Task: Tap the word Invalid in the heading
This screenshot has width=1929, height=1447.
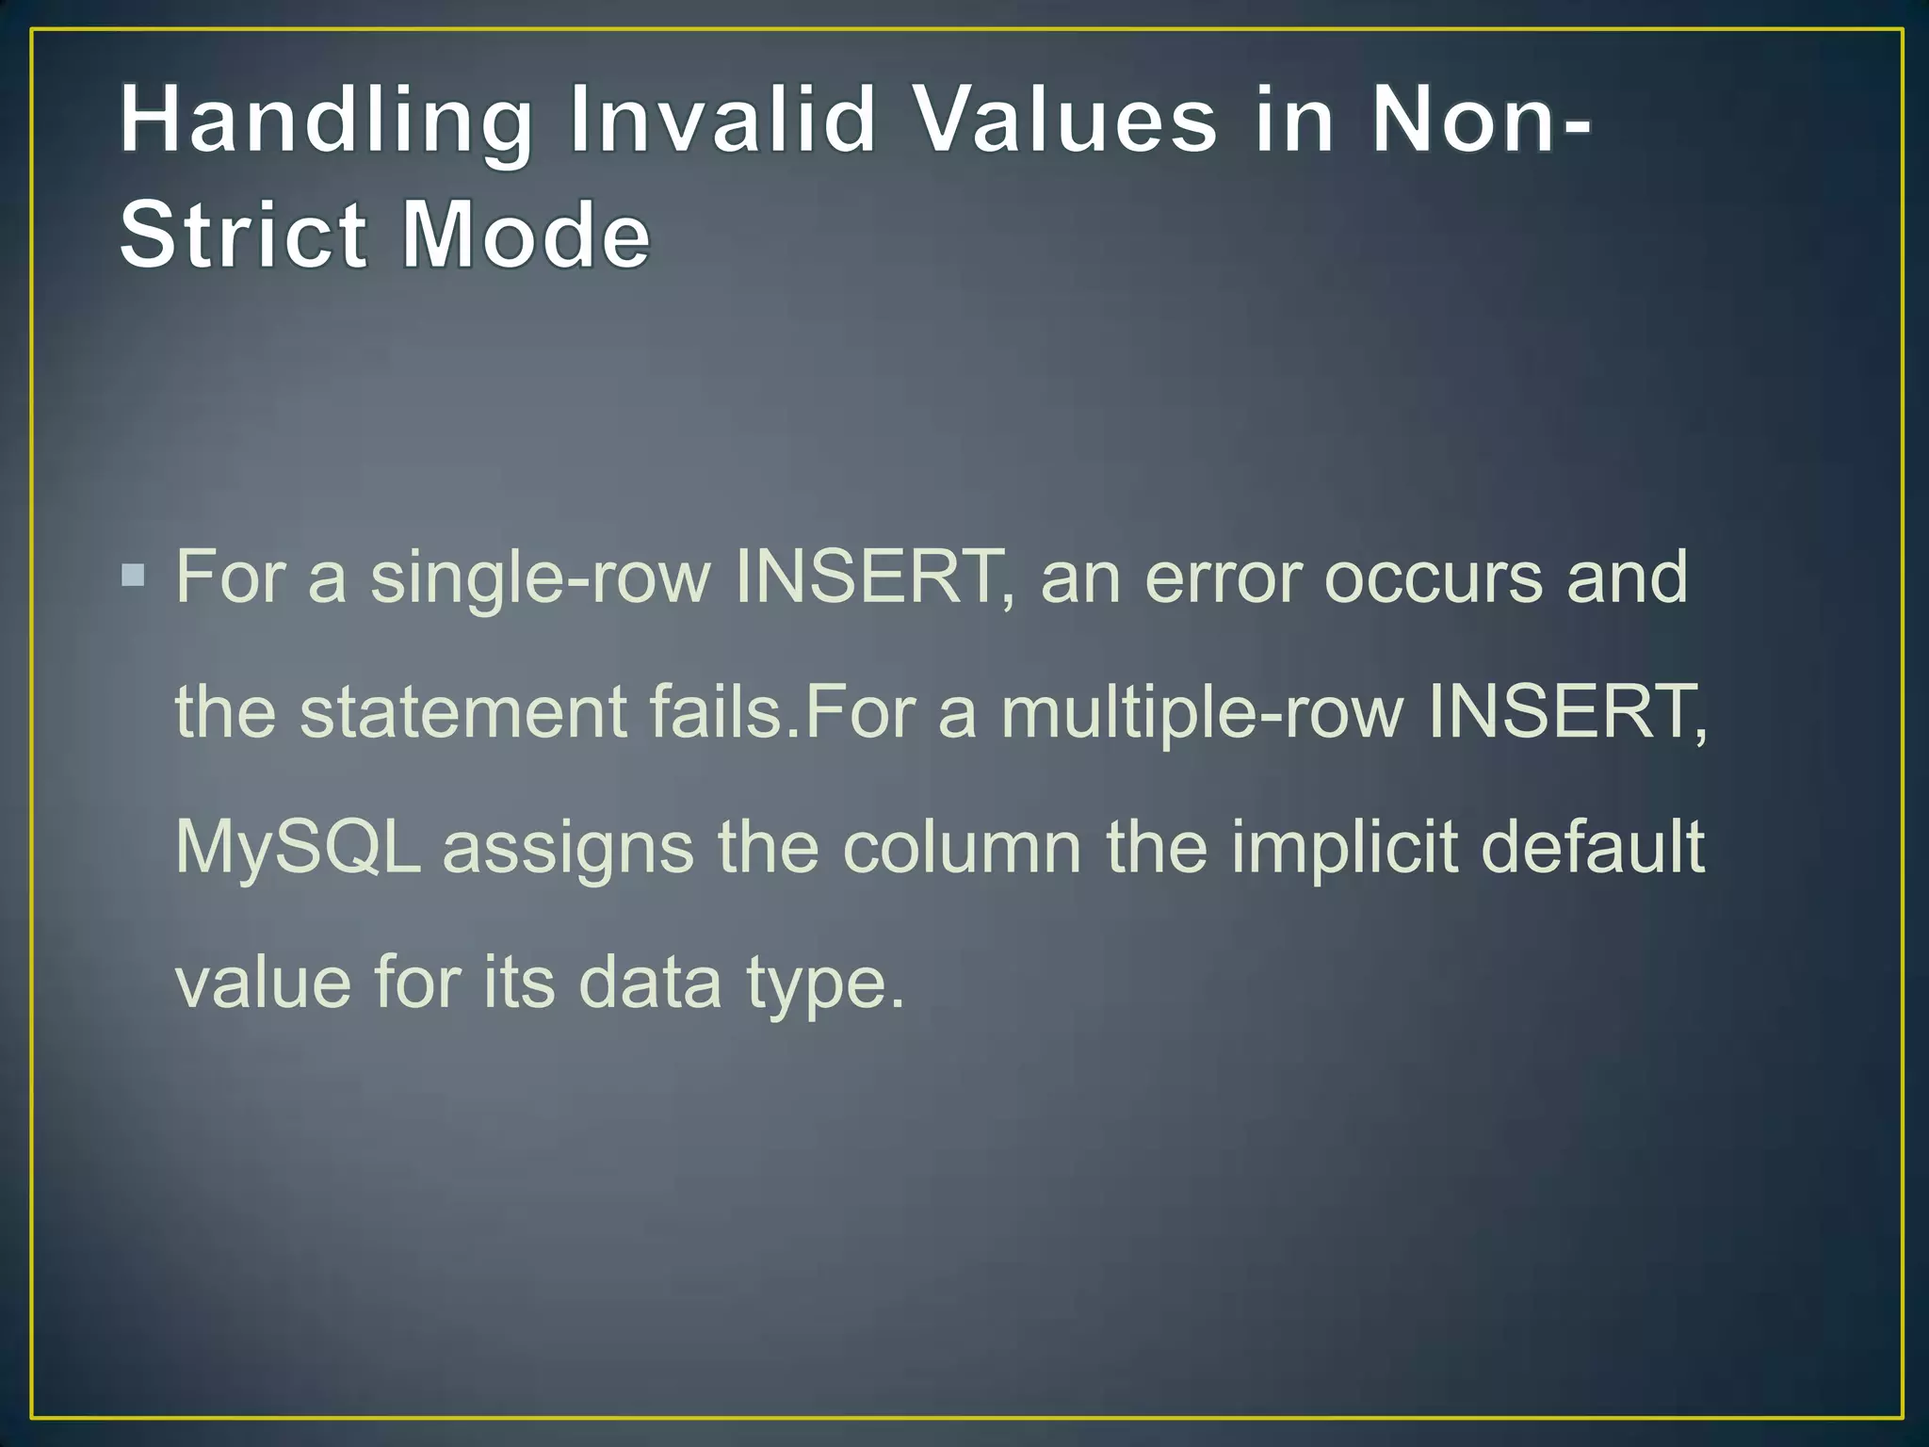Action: point(723,120)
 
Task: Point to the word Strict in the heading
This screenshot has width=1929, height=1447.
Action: point(243,235)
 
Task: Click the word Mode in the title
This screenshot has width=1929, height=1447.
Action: point(526,235)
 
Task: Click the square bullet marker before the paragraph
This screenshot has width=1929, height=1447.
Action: point(134,575)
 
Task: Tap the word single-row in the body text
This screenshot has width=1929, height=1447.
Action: point(540,578)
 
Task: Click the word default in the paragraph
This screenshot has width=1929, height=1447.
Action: point(1593,846)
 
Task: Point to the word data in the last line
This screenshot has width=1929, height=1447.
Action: point(649,983)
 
